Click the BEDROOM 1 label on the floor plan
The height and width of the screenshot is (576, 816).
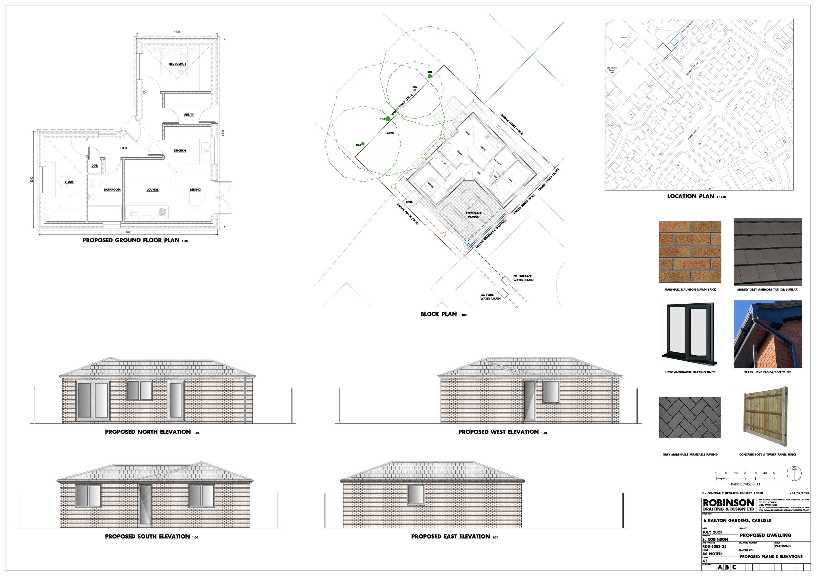click(177, 64)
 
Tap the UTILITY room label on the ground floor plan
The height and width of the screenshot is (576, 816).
click(189, 115)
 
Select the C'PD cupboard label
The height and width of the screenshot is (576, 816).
click(95, 166)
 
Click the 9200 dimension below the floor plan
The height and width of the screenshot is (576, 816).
click(128, 232)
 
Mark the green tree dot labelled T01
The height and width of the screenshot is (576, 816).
click(430, 76)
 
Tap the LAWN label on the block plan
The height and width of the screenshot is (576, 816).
click(390, 133)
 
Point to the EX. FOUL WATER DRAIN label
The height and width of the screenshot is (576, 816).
click(490, 297)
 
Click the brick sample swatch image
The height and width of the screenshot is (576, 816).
click(690, 251)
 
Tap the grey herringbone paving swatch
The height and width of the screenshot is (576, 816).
click(690, 418)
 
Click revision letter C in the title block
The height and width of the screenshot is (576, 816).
click(734, 568)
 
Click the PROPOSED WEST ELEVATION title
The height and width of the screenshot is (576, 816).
click(498, 432)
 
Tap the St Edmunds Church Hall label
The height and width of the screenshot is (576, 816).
click(612, 70)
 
